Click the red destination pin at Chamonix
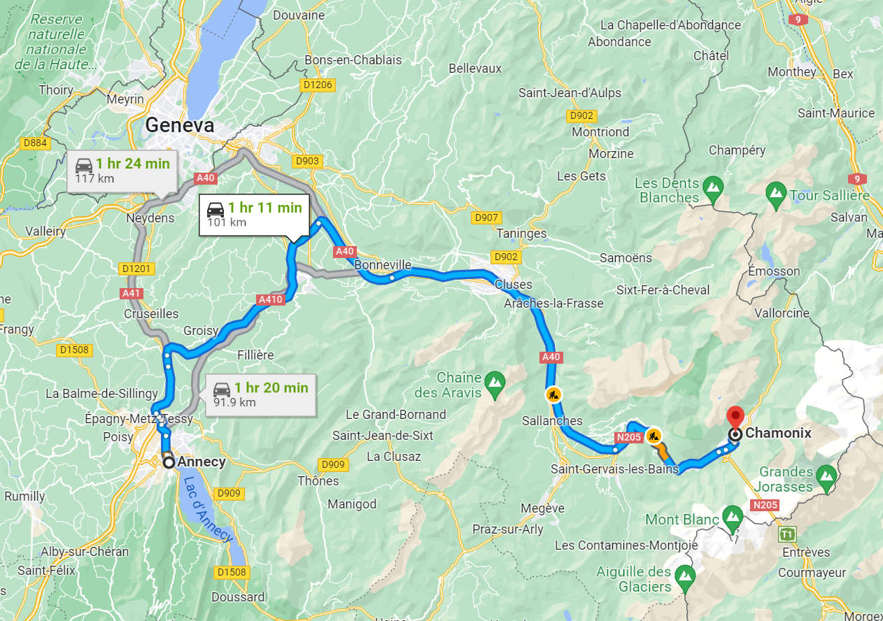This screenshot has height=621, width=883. [x=735, y=417]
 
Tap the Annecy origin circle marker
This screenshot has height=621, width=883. [x=169, y=462]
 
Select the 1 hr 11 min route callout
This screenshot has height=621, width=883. [x=254, y=215]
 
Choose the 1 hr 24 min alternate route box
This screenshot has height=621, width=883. [x=122, y=170]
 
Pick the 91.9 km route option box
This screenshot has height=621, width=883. [x=260, y=394]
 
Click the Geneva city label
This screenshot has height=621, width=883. [x=180, y=125]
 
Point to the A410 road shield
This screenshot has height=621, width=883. [x=270, y=300]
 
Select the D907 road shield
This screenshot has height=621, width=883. [x=487, y=218]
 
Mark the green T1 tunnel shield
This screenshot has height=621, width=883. [x=788, y=534]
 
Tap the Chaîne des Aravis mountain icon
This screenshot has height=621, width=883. [x=495, y=381]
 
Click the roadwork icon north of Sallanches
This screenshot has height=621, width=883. [x=553, y=395]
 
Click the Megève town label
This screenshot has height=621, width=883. [x=543, y=508]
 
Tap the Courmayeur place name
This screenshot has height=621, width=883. [x=809, y=571]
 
